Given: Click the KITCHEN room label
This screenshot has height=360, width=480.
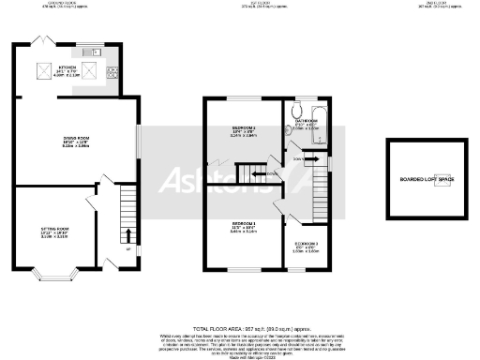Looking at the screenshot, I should click(x=67, y=68).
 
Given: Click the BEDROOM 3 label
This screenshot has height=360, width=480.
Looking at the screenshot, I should click(x=307, y=244).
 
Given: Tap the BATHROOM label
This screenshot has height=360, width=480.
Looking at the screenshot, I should click(x=308, y=121).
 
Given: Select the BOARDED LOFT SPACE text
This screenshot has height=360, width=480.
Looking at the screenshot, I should click(x=426, y=178).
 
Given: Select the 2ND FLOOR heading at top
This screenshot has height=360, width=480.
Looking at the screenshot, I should click(x=429, y=3).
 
